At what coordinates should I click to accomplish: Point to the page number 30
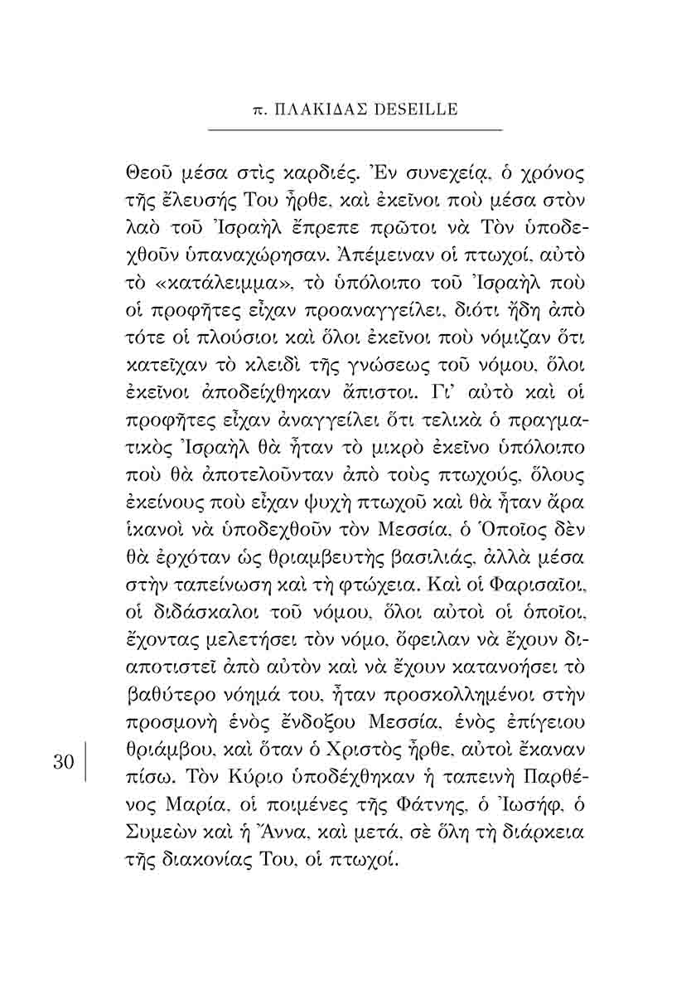point(64,763)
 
